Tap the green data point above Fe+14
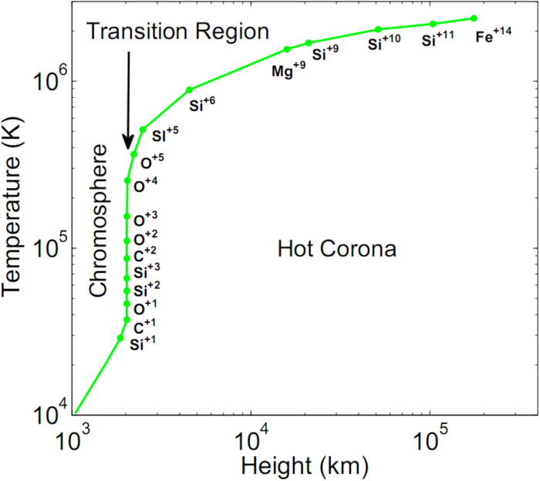tap(474, 18)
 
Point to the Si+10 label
tap(383, 44)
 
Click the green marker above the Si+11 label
tap(433, 24)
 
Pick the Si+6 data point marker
tap(189, 89)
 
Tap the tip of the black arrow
tap(129, 148)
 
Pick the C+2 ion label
tap(144, 255)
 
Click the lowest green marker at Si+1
tap(120, 338)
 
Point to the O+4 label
tap(145, 185)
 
